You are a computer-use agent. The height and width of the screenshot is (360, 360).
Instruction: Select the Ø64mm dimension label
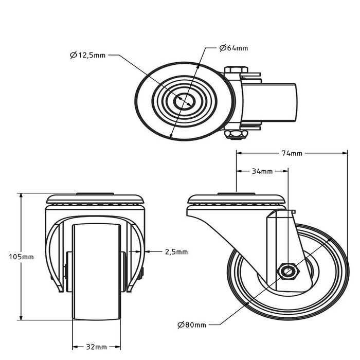(233, 48)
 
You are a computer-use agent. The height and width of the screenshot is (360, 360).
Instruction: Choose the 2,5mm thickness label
(176, 252)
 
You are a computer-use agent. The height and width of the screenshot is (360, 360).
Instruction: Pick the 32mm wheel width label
(97, 346)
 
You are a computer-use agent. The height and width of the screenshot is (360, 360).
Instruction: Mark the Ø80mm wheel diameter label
(192, 325)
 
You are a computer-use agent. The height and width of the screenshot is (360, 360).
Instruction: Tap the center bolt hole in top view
(184, 101)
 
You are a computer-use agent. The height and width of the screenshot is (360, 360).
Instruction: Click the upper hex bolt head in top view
(237, 69)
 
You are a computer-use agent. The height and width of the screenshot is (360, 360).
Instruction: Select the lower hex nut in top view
(237, 135)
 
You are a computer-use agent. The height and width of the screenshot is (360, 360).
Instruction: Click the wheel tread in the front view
(97, 273)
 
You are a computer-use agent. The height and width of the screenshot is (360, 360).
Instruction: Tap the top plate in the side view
(236, 199)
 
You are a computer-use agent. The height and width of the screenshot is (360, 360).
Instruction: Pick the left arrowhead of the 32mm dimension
(74, 346)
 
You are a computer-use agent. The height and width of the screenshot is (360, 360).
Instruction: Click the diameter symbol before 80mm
(181, 325)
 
